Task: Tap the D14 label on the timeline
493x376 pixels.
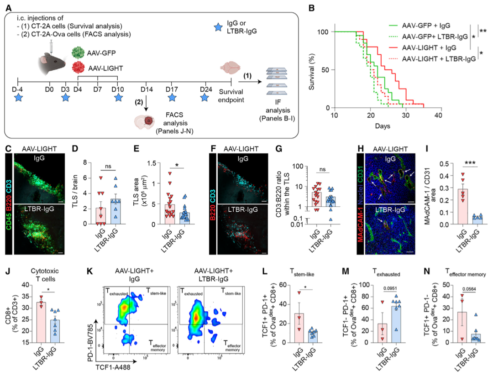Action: pos(147,88)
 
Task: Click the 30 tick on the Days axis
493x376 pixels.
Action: pos(406,116)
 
